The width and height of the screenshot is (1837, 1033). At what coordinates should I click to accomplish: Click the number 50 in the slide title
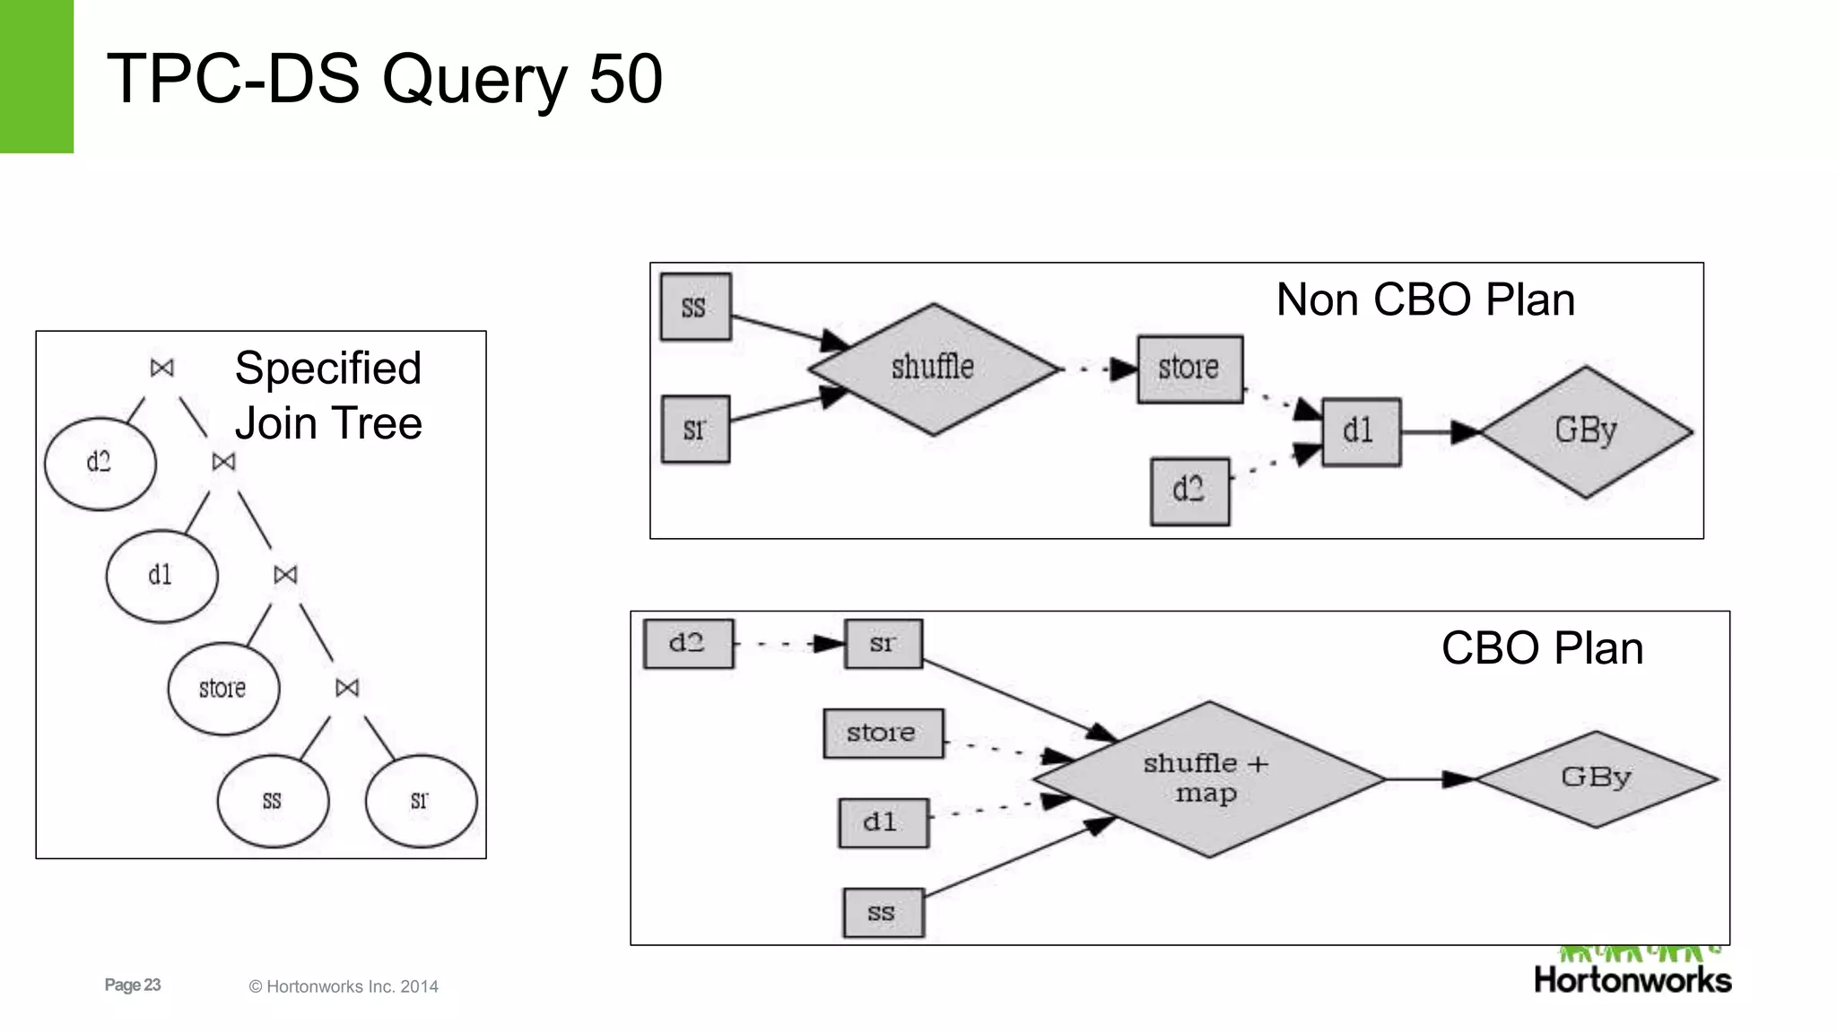pyautogui.click(x=625, y=79)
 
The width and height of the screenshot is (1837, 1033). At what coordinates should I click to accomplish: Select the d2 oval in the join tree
pyautogui.click(x=100, y=464)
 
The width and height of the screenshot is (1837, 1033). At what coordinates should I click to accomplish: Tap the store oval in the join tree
pyautogui.click(x=223, y=689)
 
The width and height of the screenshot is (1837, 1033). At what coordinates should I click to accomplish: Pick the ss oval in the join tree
pyautogui.click(x=273, y=801)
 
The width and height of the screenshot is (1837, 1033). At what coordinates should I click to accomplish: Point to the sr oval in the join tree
pyautogui.click(x=421, y=801)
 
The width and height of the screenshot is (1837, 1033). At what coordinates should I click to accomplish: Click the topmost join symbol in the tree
pyautogui.click(x=161, y=368)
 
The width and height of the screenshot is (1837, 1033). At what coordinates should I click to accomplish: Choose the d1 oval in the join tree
pyautogui.click(x=161, y=575)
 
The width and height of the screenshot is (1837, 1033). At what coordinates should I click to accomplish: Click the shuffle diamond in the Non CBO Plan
pyautogui.click(x=933, y=369)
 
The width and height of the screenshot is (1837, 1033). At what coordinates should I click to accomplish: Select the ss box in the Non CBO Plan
pyautogui.click(x=695, y=308)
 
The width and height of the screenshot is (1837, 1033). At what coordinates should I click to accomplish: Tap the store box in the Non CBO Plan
pyautogui.click(x=1189, y=369)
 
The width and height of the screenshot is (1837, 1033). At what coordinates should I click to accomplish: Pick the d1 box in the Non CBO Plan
pyautogui.click(x=1361, y=431)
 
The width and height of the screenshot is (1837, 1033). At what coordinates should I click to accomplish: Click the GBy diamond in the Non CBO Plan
pyautogui.click(x=1586, y=431)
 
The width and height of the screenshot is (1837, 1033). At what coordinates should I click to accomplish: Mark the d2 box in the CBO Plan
pyautogui.click(x=688, y=643)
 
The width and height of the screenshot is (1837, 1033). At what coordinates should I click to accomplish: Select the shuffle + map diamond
pyautogui.click(x=1207, y=778)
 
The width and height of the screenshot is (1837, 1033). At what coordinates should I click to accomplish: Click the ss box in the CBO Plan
pyautogui.click(x=883, y=913)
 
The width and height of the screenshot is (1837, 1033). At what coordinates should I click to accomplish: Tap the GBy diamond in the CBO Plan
pyautogui.click(x=1596, y=777)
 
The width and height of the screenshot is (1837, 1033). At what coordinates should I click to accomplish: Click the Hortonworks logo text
pyautogui.click(x=1632, y=979)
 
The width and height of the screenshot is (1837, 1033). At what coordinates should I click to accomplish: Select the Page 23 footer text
pyautogui.click(x=133, y=985)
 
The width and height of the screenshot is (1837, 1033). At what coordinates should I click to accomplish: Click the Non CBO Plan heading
pyautogui.click(x=1424, y=299)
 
